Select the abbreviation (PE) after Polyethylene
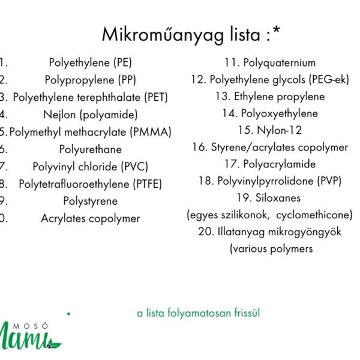tap(122, 62)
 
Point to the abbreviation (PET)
tap(156, 97)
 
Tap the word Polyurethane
tap(91, 149)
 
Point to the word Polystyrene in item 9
tap(91, 201)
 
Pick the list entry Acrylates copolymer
tap(91, 218)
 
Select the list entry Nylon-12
tap(270, 130)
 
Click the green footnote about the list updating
tap(199, 313)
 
